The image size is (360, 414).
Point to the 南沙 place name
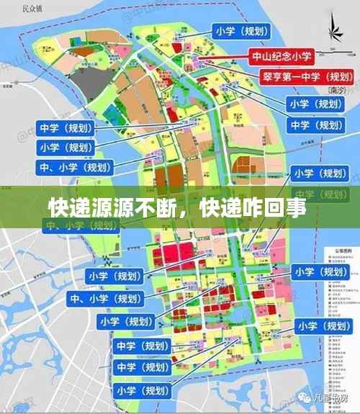click(336, 91)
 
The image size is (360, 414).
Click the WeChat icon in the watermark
click(309, 397)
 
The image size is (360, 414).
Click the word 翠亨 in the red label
click(272, 76)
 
